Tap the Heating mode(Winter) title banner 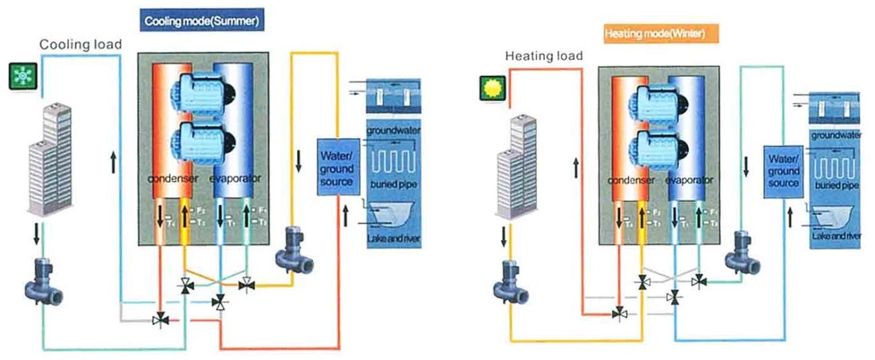point(652,33)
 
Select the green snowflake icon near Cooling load point(22,75)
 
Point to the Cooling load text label point(80,45)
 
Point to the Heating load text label point(544,57)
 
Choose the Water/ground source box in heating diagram point(783,171)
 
